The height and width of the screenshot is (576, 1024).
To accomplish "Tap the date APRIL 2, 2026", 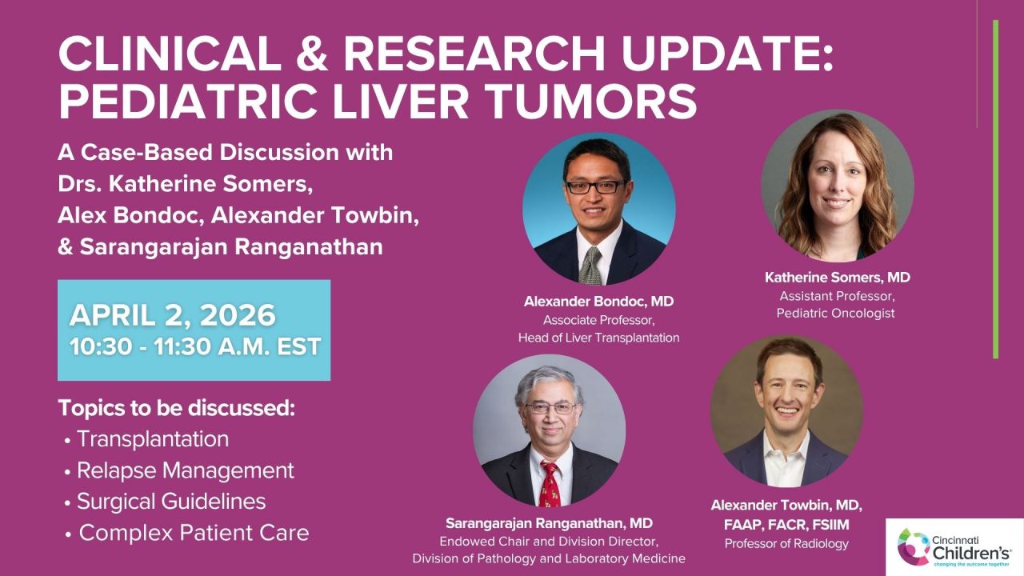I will tap(172, 315).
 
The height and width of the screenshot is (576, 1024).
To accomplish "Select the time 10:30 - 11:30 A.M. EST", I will tap(195, 346).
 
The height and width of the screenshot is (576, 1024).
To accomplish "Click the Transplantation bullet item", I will tap(152, 439).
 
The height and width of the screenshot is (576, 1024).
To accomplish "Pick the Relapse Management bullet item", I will tap(185, 470).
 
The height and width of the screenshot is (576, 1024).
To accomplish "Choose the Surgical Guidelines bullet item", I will tap(170, 502).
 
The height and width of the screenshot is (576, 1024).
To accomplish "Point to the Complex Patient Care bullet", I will tap(193, 533).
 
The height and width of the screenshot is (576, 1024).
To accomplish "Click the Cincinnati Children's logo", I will tap(954, 546).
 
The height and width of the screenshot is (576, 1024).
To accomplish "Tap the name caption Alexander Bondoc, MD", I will tap(598, 302).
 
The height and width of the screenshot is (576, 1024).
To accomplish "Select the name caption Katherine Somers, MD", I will tap(837, 278).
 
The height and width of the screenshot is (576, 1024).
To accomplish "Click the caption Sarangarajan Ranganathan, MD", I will tap(549, 523).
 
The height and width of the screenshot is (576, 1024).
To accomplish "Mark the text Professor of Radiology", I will tap(786, 544).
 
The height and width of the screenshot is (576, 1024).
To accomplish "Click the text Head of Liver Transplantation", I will tap(598, 338).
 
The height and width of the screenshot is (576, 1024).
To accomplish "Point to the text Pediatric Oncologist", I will tap(836, 313).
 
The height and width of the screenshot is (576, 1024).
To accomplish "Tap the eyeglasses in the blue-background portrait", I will tap(597, 186).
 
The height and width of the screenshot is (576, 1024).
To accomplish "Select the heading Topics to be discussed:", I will tap(177, 408).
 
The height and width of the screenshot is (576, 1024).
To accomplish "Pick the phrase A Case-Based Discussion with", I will tap(226, 152).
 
